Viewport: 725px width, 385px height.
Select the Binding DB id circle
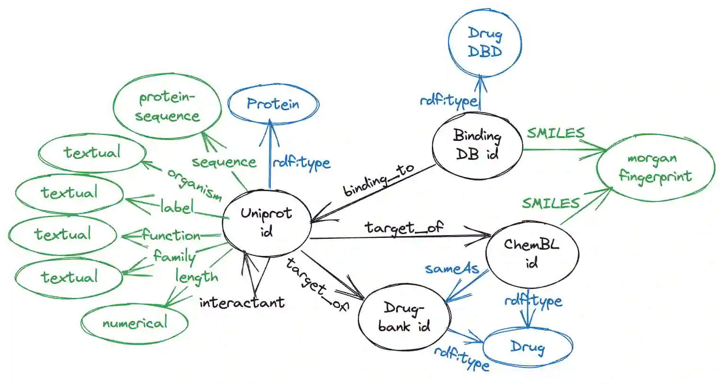click(x=477, y=145)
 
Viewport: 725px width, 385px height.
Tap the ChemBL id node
click(x=532, y=253)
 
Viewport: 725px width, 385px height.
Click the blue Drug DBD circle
click(x=484, y=43)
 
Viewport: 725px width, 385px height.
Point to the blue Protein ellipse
click(x=273, y=104)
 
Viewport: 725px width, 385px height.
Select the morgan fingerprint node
click(x=655, y=167)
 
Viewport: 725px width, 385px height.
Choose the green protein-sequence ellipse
click(x=167, y=107)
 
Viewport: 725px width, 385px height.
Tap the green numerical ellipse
click(x=135, y=323)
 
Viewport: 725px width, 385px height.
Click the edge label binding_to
click(x=378, y=180)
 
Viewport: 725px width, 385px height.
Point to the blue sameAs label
click(x=452, y=269)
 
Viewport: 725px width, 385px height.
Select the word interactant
click(x=242, y=302)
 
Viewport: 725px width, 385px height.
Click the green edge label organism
click(x=194, y=184)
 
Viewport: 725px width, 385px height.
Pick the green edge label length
click(x=197, y=277)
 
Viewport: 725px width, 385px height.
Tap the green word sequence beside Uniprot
click(x=224, y=162)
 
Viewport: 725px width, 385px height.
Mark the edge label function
click(x=171, y=235)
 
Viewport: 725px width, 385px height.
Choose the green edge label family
click(x=174, y=257)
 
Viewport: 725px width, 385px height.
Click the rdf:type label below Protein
click(x=301, y=163)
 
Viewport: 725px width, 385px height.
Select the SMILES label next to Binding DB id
click(x=556, y=133)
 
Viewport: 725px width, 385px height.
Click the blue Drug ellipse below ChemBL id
click(x=528, y=347)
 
